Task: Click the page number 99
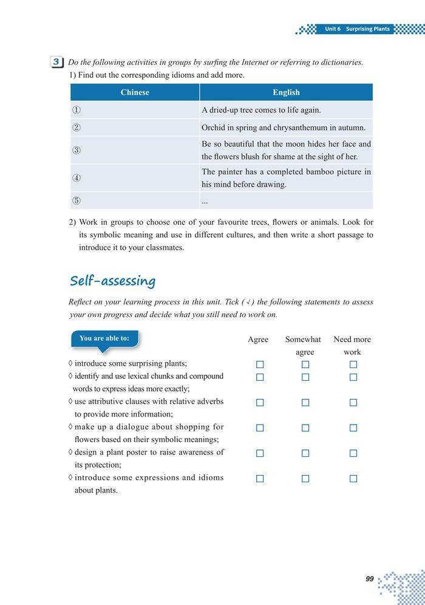pos(370,579)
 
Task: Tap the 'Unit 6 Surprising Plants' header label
pos(357,29)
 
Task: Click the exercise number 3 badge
pos(56,62)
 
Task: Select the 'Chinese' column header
pos(135,92)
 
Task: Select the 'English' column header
pos(286,92)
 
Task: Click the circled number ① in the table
pos(76,110)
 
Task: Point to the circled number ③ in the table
pos(76,150)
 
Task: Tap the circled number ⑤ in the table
pos(76,201)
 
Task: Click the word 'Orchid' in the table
pos(213,128)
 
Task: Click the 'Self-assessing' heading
pos(112,281)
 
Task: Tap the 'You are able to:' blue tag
pos(104,339)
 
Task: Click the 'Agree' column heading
pos(258,340)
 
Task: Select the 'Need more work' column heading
pos(352,346)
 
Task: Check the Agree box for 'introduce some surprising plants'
pos(260,364)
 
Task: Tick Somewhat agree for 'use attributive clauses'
pos(305,403)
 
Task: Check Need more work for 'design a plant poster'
pos(353,453)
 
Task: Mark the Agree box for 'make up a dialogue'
pos(260,428)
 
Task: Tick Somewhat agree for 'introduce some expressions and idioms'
pos(305,479)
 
